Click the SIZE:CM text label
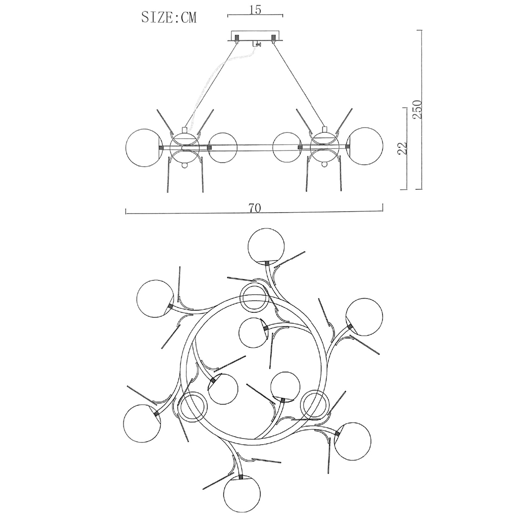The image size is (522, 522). click(x=169, y=17)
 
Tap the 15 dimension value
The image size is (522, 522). click(x=255, y=10)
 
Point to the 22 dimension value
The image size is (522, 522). click(x=402, y=148)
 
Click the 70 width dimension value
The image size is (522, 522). click(x=255, y=208)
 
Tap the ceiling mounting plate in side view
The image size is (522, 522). click(x=255, y=36)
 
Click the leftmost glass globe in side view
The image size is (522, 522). click(x=144, y=147)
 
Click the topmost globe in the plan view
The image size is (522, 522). click(x=266, y=246)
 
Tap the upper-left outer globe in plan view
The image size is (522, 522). click(x=155, y=298)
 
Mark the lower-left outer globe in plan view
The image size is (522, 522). click(x=141, y=423)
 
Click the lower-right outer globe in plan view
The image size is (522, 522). click(x=353, y=442)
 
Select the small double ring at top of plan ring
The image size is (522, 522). click(x=255, y=297)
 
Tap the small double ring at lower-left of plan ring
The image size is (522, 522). click(x=192, y=407)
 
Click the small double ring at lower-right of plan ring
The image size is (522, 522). click(x=314, y=403)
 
